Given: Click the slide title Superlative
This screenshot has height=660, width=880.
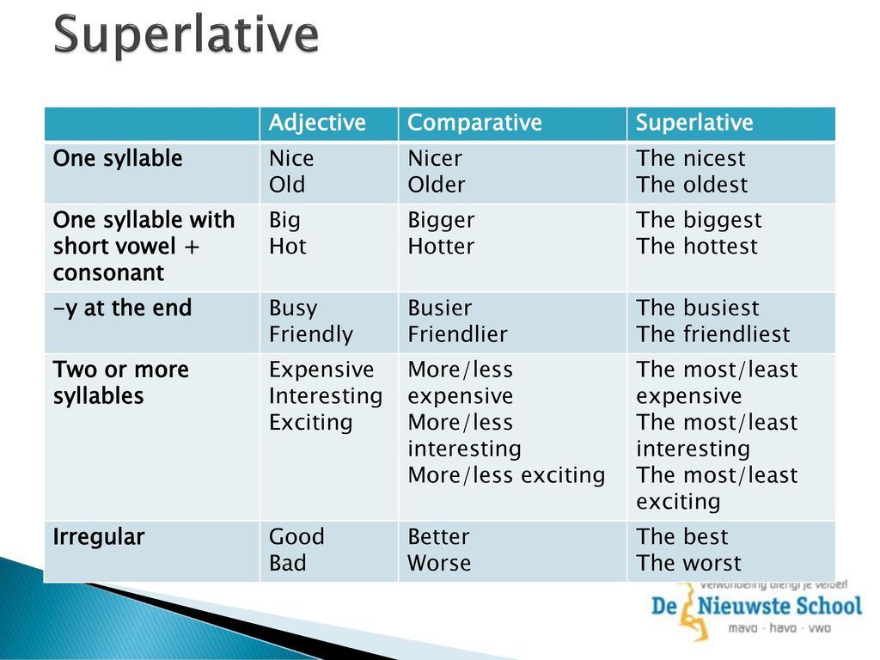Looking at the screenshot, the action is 186,34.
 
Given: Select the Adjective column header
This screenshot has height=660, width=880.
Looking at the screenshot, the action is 317,122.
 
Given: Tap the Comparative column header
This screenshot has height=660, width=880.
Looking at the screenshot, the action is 474,122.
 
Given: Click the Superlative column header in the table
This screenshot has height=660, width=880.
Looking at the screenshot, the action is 694,122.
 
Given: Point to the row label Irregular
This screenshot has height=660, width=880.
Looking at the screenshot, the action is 99,537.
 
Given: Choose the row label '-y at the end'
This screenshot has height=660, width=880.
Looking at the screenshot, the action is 122,309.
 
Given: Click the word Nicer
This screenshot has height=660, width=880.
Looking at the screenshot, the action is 435,158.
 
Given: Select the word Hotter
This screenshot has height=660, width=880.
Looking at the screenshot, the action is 441,247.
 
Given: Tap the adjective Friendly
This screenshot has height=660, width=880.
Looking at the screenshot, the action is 311,335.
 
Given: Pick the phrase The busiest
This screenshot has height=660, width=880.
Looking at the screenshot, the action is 698,309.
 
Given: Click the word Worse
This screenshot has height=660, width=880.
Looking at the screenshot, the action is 439,563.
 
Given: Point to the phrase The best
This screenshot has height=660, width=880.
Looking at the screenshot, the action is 681,536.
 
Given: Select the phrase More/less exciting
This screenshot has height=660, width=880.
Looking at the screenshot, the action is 507,475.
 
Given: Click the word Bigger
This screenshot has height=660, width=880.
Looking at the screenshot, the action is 441,221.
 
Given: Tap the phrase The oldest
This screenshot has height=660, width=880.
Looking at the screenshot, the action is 692,185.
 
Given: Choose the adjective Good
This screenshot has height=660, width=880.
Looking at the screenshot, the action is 296,536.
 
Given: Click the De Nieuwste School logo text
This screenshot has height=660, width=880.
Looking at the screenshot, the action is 756,606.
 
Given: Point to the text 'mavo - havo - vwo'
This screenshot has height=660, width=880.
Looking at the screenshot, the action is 779,628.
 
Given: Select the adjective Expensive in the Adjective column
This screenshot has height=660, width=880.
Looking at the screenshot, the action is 321,370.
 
